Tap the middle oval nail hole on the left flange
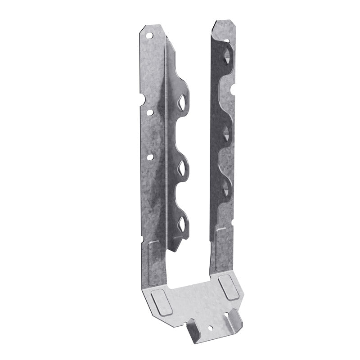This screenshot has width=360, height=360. [150, 113]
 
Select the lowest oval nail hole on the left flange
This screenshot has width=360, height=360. [150, 157]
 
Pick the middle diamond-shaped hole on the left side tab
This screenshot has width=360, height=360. [182, 168]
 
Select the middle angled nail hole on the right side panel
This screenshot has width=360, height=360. [226, 132]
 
